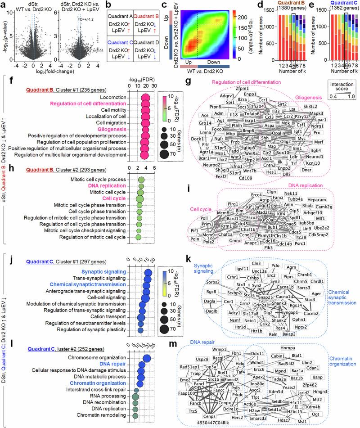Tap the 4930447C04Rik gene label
[x=220, y=423]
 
